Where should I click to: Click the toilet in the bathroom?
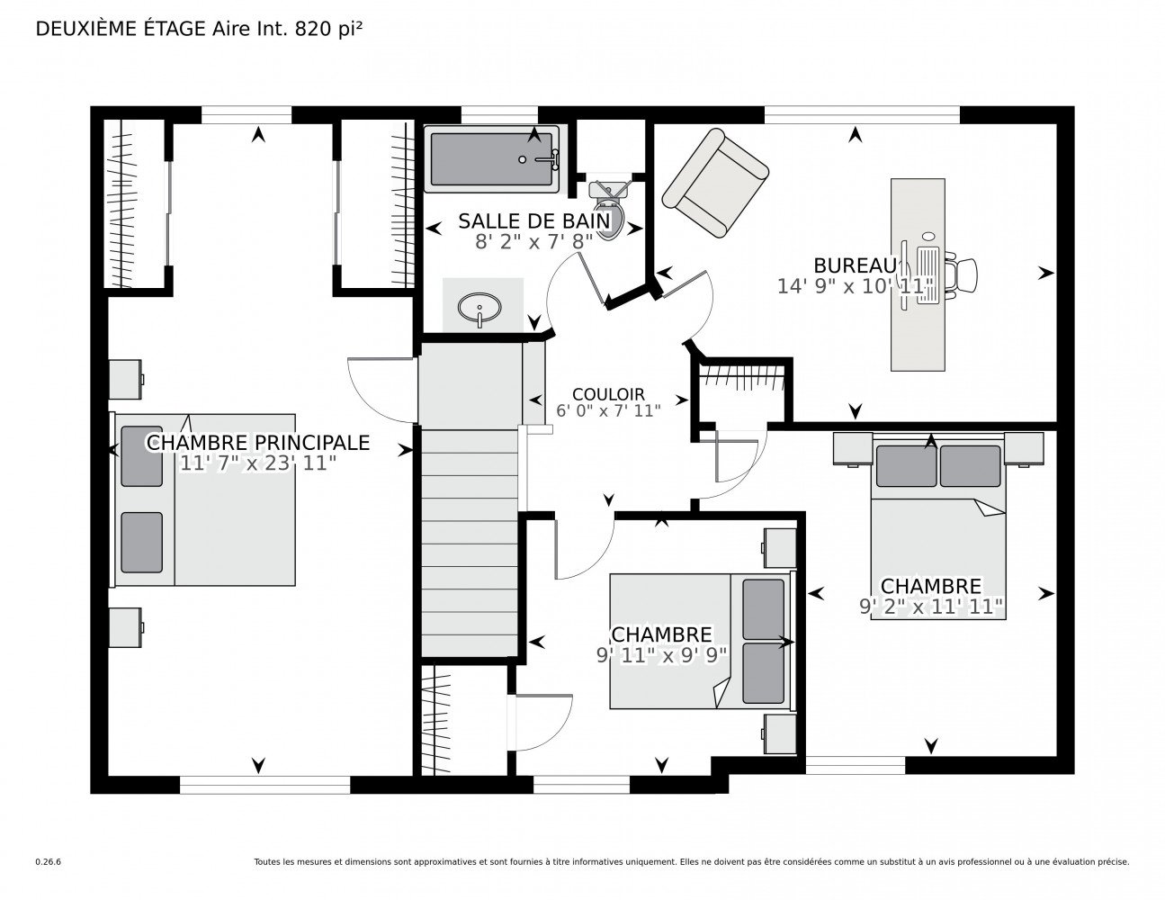608,211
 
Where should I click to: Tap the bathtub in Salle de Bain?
491,158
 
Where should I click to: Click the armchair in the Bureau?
715,184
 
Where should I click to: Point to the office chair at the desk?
961,274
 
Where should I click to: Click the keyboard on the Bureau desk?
928,274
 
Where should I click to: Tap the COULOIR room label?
608,394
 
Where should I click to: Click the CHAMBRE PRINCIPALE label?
258,443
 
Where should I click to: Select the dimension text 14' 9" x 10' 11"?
855,286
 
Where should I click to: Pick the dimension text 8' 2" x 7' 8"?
534,241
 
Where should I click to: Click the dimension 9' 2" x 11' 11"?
931,607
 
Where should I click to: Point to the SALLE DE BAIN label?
534,221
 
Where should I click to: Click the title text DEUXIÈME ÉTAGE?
121,29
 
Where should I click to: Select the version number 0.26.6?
49,861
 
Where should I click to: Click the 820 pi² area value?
328,29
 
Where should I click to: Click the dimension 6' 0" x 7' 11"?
608,410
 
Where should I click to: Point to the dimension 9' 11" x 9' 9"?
661,655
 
